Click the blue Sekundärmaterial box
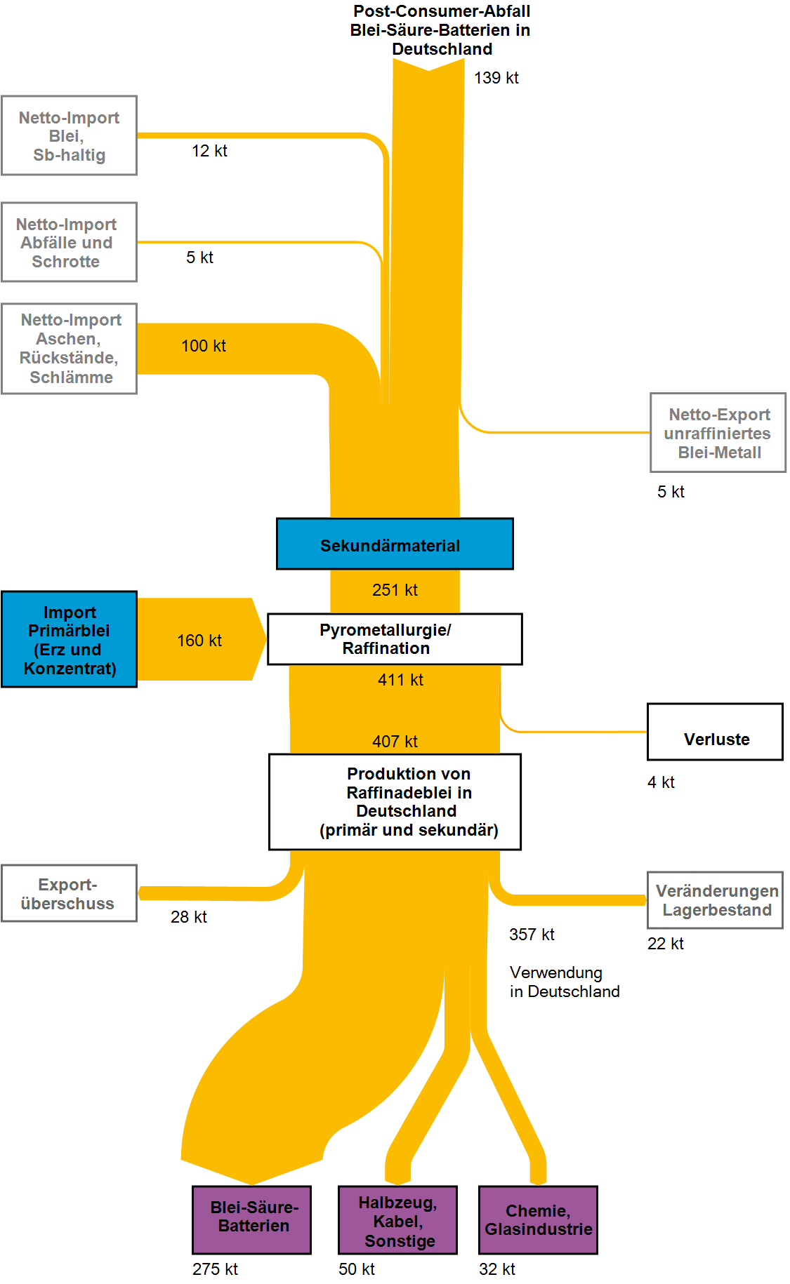(x=395, y=544)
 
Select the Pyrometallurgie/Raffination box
(x=395, y=639)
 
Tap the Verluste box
(x=715, y=732)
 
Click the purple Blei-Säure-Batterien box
(x=252, y=1219)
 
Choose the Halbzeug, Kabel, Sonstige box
(x=397, y=1220)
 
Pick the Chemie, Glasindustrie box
(x=538, y=1220)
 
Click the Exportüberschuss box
(x=69, y=893)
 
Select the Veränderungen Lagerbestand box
(x=715, y=900)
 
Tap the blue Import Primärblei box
(x=69, y=639)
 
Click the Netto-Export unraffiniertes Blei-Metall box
(x=718, y=432)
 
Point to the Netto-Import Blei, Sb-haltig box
(x=69, y=135)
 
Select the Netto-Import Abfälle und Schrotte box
(x=69, y=242)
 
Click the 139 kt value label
(x=496, y=78)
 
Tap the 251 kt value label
(x=395, y=590)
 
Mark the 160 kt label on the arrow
(x=199, y=641)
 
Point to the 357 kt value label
(x=532, y=935)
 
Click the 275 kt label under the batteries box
(x=215, y=1269)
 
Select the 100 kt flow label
(x=204, y=346)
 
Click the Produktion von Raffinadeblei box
(x=395, y=802)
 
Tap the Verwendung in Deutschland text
(x=564, y=982)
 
